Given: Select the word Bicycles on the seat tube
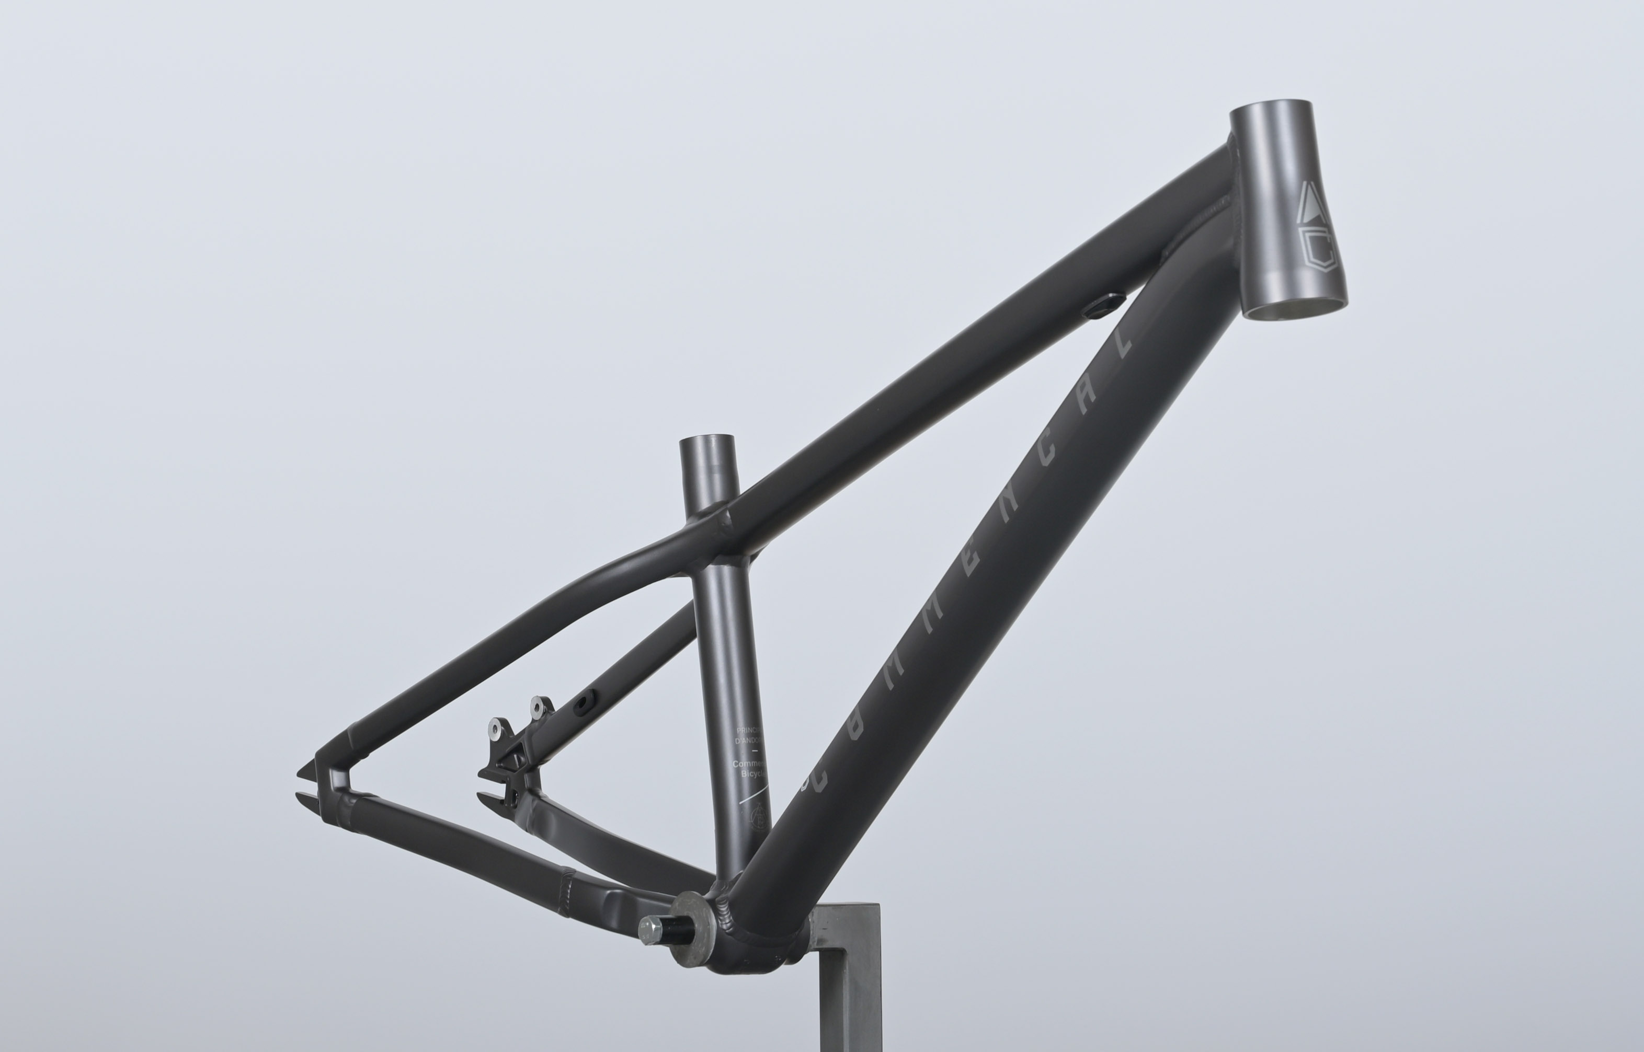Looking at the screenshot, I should [753, 774].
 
